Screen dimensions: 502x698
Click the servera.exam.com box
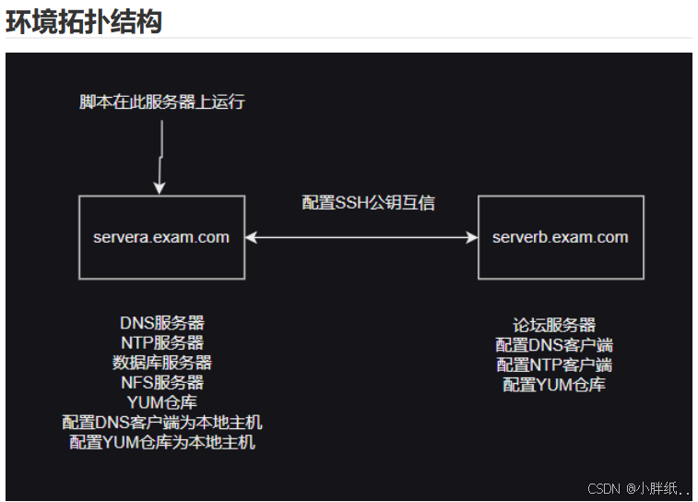click(161, 237)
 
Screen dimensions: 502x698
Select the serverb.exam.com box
click(561, 237)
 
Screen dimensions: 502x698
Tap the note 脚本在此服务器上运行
click(161, 102)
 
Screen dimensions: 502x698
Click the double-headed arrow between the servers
click(361, 237)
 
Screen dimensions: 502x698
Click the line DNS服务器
click(161, 323)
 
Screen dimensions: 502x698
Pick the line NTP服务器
click(161, 342)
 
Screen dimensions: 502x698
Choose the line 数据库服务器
click(161, 363)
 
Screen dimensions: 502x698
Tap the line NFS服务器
click(161, 382)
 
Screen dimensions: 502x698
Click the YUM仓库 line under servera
click(161, 402)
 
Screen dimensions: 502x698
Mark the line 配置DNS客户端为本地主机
click(161, 423)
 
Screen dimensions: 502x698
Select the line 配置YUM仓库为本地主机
click(161, 442)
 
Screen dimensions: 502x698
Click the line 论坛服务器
click(554, 325)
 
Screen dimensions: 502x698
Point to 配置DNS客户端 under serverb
click(554, 345)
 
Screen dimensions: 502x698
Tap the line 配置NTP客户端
click(554, 365)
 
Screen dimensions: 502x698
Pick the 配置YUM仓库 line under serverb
click(554, 385)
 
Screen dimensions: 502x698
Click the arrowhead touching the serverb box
click(471, 237)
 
